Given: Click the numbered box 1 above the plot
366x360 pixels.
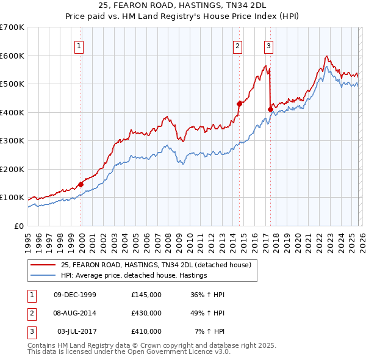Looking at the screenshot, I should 80,45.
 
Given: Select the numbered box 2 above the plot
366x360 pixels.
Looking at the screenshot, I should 237,45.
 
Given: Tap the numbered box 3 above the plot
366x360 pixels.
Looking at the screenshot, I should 268,45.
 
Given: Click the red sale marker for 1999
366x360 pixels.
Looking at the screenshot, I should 81,184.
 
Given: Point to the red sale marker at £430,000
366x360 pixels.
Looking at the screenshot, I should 239,104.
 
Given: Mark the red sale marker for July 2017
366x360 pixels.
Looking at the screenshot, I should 270,109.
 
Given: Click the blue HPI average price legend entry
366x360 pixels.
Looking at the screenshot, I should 134,276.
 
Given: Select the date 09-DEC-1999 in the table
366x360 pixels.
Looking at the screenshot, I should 75,295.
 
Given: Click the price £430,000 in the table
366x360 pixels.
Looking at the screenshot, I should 146,313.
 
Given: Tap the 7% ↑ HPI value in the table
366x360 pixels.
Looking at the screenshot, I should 209,331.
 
